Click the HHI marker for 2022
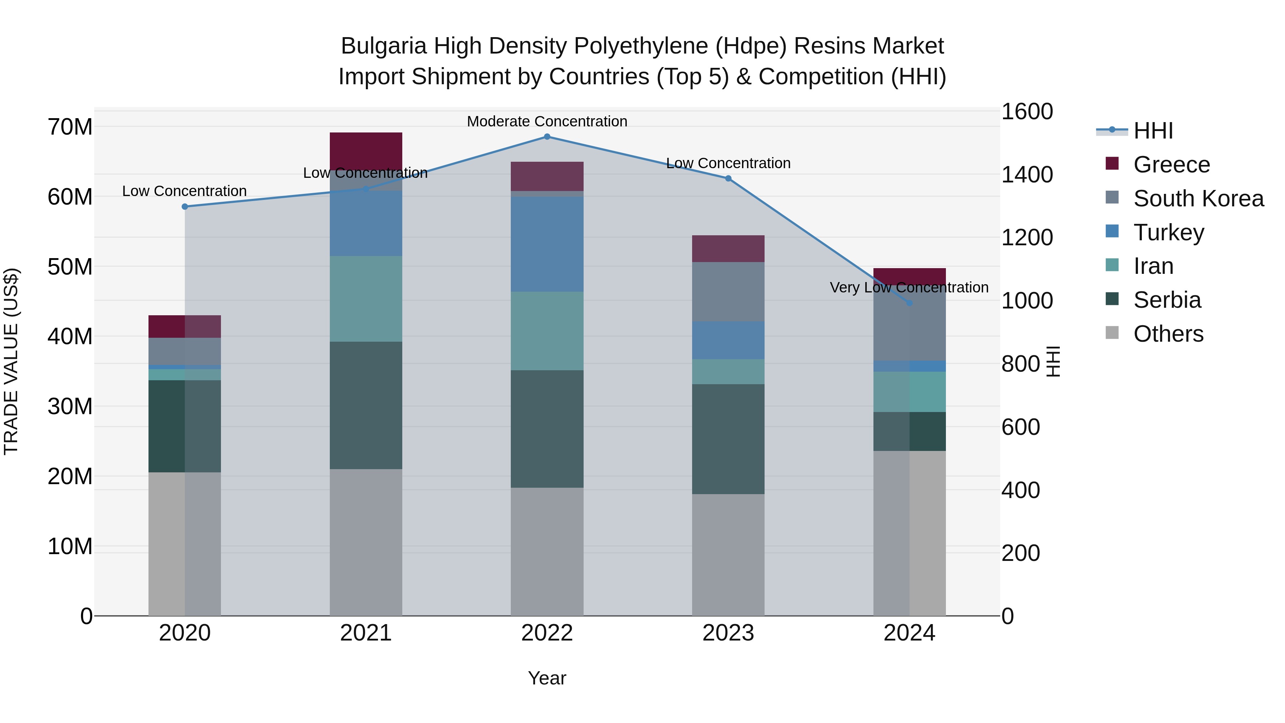547,137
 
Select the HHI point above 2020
185,207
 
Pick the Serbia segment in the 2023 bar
728,439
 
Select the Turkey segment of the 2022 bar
547,245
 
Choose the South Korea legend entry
1198,199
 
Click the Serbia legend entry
1167,300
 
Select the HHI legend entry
1153,131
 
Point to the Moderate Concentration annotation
547,121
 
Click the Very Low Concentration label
908,287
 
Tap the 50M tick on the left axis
70,267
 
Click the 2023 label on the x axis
728,633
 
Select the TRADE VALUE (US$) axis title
11,361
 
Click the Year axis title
547,678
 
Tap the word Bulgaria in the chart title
384,46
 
